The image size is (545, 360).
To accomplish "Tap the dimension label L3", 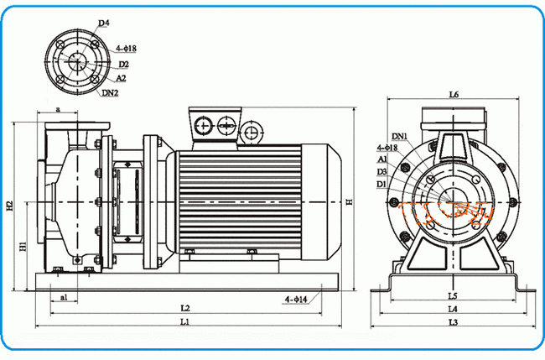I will pyautogui.click(x=453, y=322).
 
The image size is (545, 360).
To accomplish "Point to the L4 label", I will pyautogui.click(x=453, y=309).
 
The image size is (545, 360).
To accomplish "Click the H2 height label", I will pyautogui.click(x=9, y=205).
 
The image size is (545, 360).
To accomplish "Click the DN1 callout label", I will pyautogui.click(x=399, y=136).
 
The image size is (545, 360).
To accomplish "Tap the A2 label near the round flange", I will pyautogui.click(x=122, y=77).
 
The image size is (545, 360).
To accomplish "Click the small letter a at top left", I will pyautogui.click(x=57, y=108).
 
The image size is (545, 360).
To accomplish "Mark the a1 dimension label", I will pyautogui.click(x=64, y=296).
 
